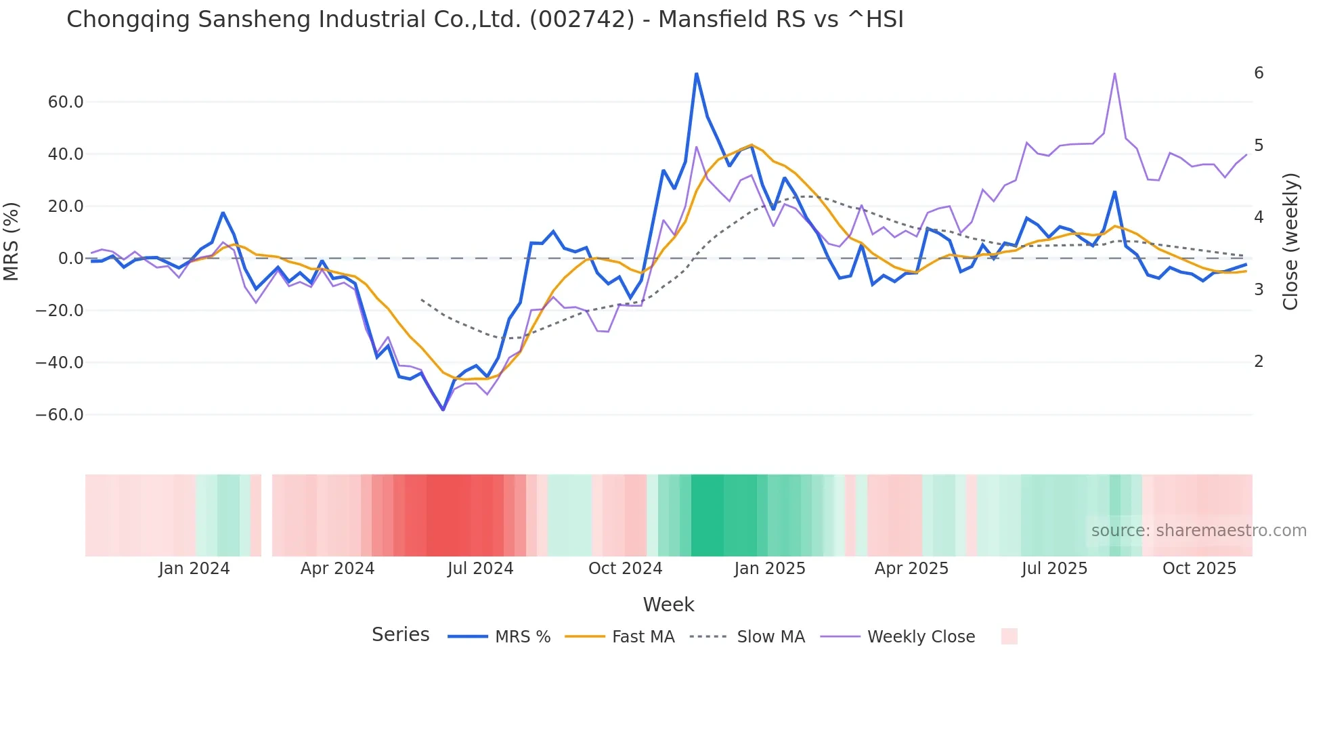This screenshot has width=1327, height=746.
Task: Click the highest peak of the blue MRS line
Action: coord(696,74)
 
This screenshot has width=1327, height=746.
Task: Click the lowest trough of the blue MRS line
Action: coord(443,410)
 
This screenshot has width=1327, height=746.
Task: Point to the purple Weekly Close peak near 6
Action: coord(1114,74)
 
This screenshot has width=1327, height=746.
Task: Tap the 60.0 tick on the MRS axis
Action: coord(66,102)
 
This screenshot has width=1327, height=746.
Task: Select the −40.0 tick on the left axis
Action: coord(60,363)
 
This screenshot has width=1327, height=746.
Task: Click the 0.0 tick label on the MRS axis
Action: coord(71,259)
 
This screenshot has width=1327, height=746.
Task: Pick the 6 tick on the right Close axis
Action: coord(1259,73)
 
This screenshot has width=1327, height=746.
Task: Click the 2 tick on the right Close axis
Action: coord(1259,361)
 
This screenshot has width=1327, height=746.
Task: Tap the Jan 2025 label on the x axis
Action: coord(770,569)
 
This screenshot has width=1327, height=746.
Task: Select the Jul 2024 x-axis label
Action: coord(480,569)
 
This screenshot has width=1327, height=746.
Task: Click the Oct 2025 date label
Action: coord(1199,569)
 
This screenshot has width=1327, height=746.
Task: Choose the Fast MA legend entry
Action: coord(643,637)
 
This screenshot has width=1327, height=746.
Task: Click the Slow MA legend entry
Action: coord(770,637)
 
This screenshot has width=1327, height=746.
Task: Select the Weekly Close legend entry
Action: coord(921,637)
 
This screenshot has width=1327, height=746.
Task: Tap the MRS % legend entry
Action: coord(522,637)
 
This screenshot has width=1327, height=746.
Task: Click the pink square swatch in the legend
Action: coord(1009,636)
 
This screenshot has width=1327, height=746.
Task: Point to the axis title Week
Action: coord(668,605)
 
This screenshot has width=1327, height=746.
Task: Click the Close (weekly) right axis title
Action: coord(1290,242)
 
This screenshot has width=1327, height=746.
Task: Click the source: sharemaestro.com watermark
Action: coord(1198,531)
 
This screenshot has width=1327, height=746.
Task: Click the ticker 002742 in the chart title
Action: coord(582,20)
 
